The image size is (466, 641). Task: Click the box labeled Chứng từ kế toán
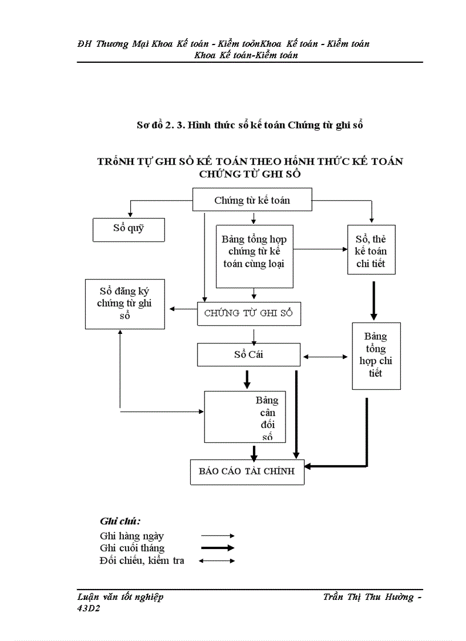point(252,200)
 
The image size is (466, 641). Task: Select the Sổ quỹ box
point(128,229)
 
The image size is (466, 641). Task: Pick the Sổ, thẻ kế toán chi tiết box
point(371,251)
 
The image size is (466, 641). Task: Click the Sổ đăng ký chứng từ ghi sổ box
point(124,303)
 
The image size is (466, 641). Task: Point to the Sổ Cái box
point(248,354)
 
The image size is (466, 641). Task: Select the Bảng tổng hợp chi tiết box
point(376,356)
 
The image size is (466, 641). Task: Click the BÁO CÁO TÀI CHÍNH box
point(247,471)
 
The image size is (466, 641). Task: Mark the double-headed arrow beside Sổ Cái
point(326,357)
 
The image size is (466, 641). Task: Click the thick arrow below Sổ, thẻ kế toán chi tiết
point(373,300)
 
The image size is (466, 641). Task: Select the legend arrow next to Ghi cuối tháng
point(218,548)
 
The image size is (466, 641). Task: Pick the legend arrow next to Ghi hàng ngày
point(218,536)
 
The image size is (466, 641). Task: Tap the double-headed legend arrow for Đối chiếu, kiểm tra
point(218,561)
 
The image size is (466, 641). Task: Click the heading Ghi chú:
point(120,521)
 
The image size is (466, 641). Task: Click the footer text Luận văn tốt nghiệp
point(120,597)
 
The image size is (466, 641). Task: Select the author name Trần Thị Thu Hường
point(368,597)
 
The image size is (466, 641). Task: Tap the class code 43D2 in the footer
point(89,608)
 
